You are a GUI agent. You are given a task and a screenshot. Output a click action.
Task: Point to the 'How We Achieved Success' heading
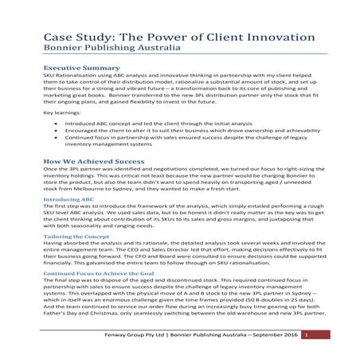(93, 161)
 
